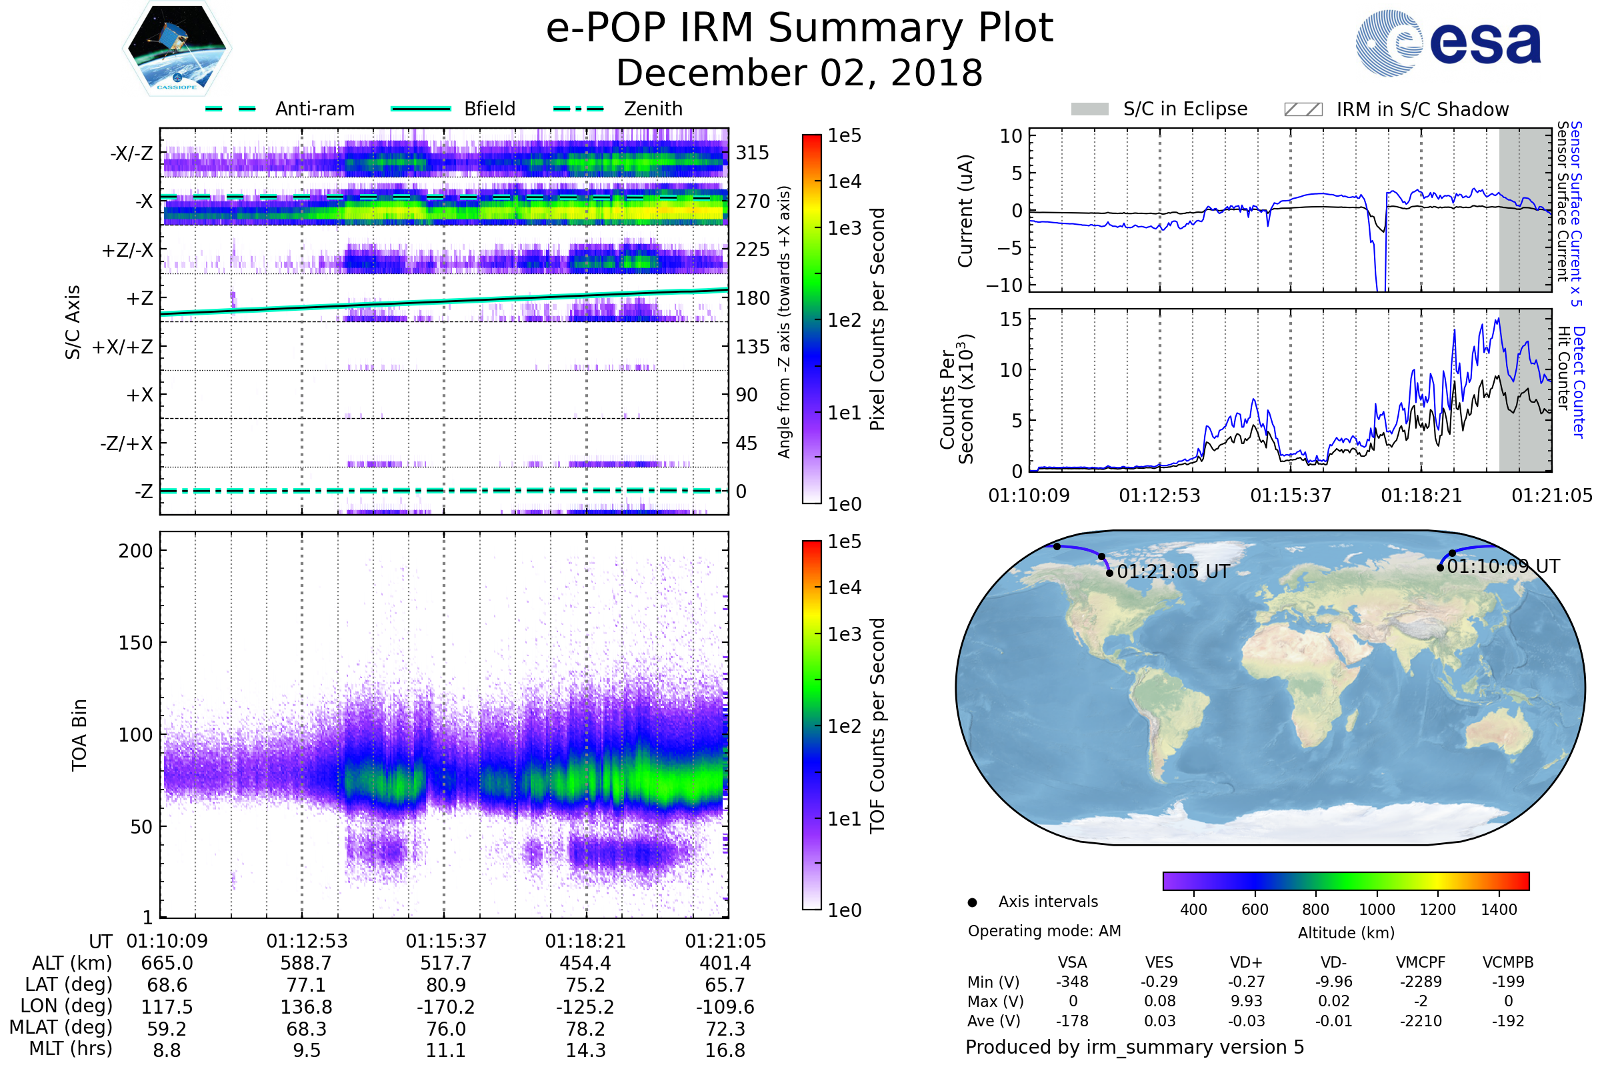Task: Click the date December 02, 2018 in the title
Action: click(x=799, y=73)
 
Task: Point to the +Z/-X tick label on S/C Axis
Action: click(x=127, y=251)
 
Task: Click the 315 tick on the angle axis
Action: click(x=752, y=153)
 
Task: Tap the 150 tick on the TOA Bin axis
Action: click(x=135, y=643)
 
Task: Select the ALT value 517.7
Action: click(x=445, y=964)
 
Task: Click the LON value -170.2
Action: click(x=445, y=1007)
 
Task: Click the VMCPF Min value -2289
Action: click(x=1421, y=982)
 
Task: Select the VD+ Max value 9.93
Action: click(x=1246, y=1001)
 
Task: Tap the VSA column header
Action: click(x=1072, y=963)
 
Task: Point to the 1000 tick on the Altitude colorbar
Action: click(x=1376, y=910)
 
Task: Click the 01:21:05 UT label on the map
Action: click(x=1173, y=572)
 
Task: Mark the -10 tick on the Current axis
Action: click(x=1004, y=285)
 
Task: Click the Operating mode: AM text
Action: click(x=1044, y=931)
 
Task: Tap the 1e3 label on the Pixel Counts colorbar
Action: click(x=844, y=228)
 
